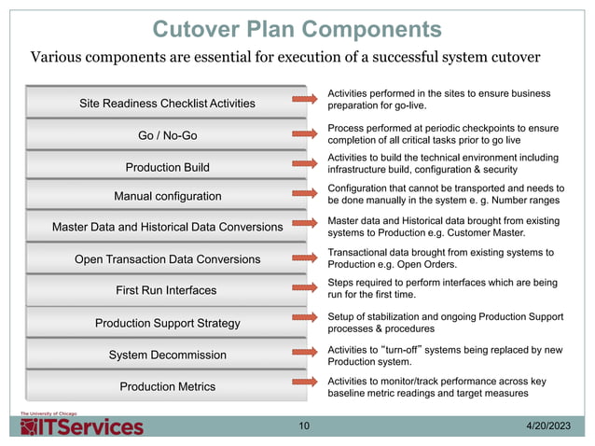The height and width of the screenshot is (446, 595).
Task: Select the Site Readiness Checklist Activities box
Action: tap(168, 103)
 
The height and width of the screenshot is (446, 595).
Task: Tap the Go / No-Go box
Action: tap(168, 135)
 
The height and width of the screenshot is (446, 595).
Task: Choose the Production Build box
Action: tap(168, 167)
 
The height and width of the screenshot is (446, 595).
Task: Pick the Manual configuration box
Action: tap(168, 197)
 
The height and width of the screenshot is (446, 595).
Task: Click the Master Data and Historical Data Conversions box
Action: tap(168, 227)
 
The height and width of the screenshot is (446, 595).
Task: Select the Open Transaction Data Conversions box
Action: tap(168, 258)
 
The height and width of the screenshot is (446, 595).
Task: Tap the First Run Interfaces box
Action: tap(168, 290)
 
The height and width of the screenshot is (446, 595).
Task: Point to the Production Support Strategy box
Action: tap(168, 323)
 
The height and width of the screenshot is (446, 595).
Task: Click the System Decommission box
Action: tap(168, 355)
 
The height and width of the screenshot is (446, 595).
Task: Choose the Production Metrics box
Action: tap(168, 386)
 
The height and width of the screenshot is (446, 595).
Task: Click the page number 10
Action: tap(304, 426)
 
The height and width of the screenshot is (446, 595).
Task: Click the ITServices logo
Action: tap(83, 425)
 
